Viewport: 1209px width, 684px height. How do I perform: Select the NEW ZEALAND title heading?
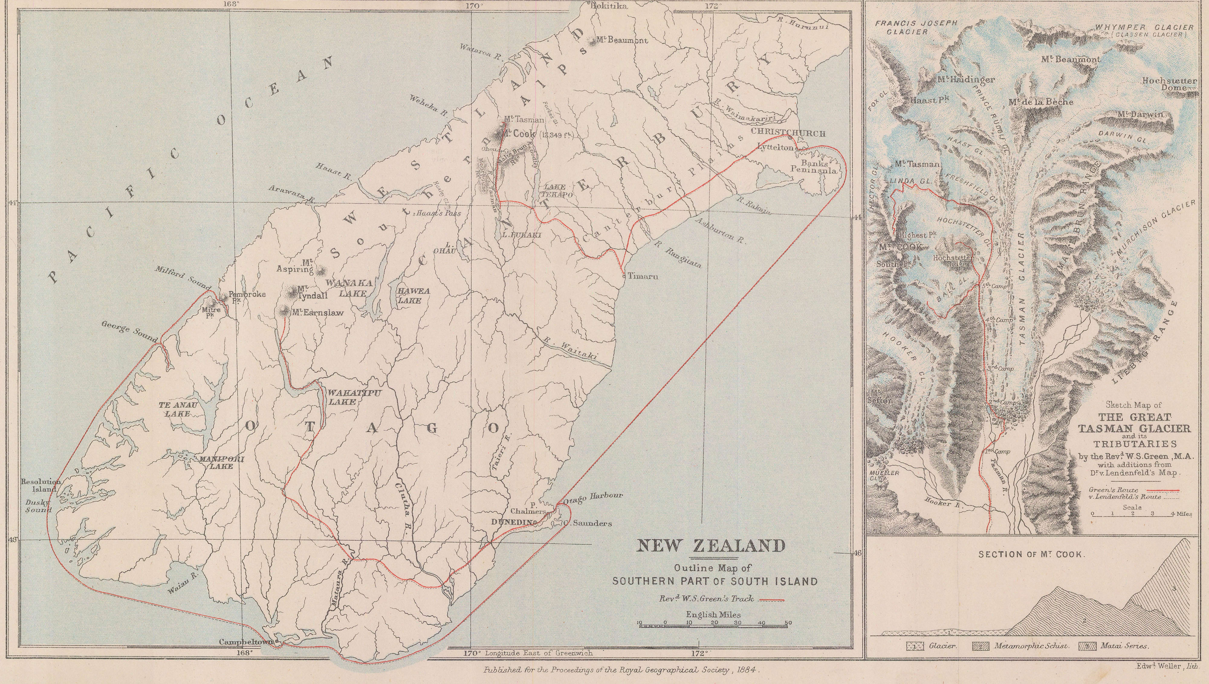click(710, 546)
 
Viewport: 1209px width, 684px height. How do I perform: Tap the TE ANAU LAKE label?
click(178, 409)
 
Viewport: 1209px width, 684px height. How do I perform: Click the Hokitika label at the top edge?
click(609, 6)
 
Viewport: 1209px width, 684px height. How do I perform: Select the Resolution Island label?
click(41, 485)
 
